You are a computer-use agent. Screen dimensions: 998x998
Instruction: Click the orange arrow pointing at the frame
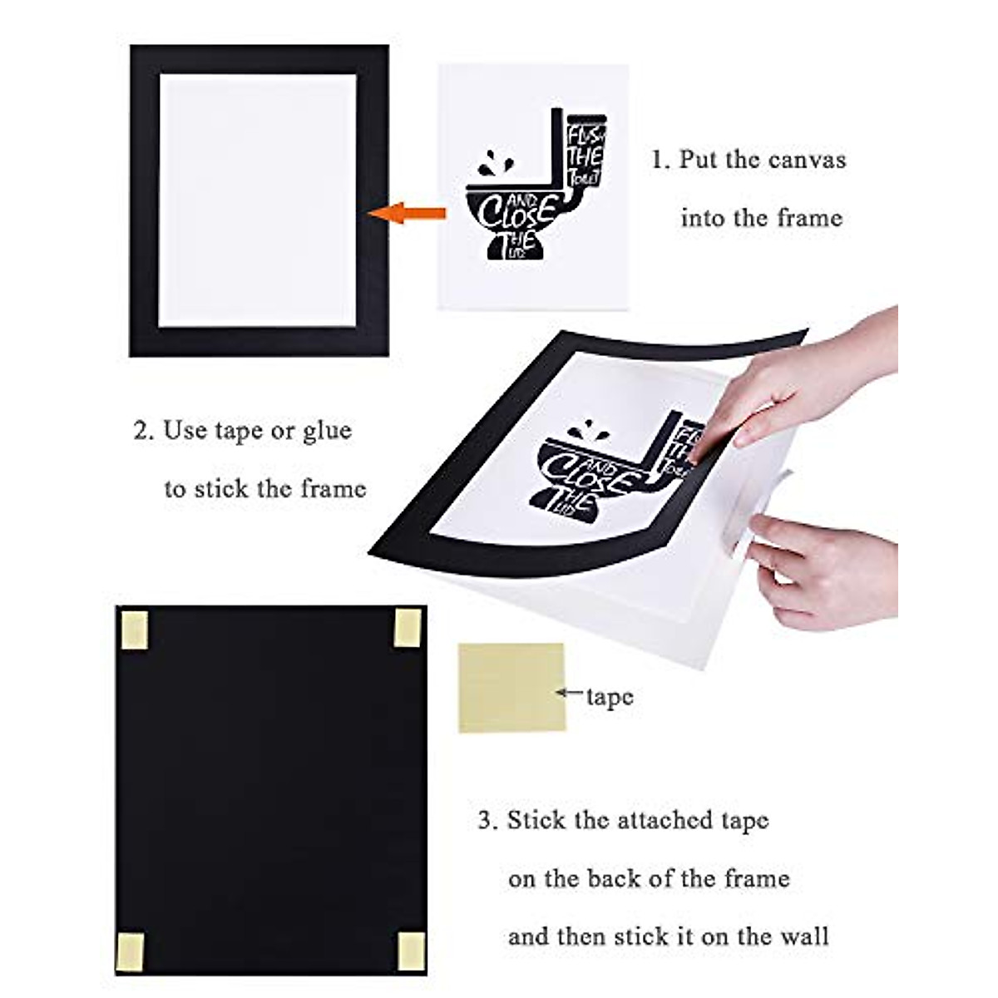(407, 213)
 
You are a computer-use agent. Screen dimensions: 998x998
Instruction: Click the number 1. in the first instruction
(660, 160)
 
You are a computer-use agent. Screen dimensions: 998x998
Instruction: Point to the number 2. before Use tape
(144, 431)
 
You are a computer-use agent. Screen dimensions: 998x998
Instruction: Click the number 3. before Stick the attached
(488, 821)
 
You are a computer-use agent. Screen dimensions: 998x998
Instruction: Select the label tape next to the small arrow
(610, 697)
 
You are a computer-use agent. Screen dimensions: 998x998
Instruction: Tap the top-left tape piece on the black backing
(134, 628)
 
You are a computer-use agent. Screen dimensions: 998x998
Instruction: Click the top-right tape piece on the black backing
(407, 627)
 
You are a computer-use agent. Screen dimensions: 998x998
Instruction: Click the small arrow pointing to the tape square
(571, 691)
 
